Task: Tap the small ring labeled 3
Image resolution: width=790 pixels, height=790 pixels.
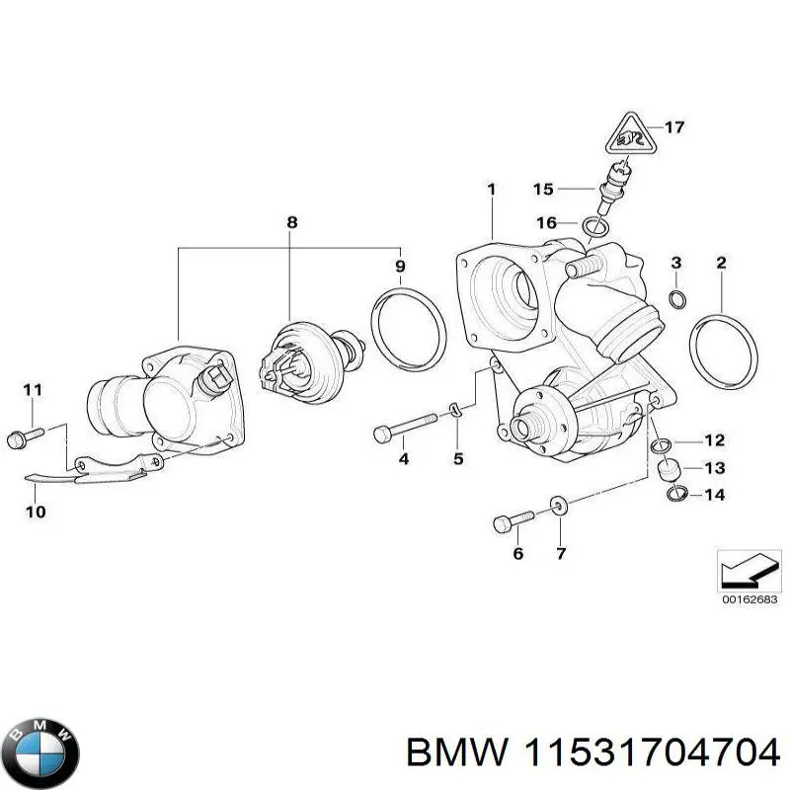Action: pos(676,299)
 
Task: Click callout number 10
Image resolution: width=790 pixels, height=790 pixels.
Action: pos(34,512)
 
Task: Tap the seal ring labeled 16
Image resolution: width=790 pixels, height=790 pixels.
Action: pos(594,229)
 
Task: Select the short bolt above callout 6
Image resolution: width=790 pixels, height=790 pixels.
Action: pos(512,520)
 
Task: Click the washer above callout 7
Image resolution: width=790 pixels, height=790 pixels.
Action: pos(559,508)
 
